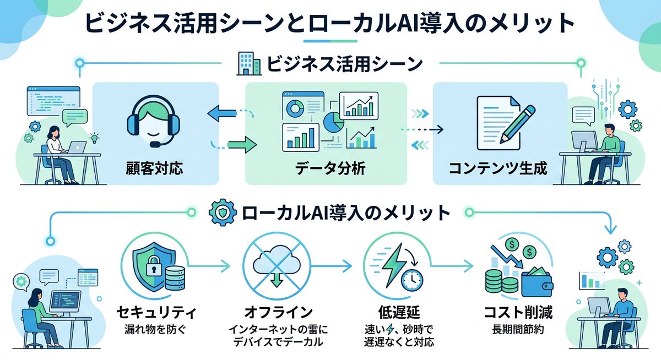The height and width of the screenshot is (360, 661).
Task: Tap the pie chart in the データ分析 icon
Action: click(x=332, y=122)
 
